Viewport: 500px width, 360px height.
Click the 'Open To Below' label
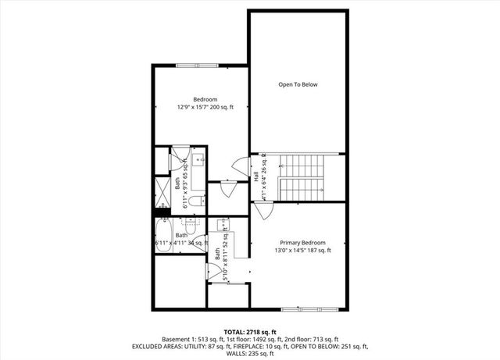[x=298, y=84]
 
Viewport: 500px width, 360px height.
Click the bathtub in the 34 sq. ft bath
[x=166, y=233]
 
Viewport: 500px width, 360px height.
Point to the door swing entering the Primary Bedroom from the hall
[x=259, y=210]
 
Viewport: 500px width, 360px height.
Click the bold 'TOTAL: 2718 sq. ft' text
[x=249, y=333]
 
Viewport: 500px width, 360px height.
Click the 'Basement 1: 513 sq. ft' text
[x=192, y=340]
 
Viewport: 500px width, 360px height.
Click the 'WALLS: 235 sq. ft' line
[x=249, y=354]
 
